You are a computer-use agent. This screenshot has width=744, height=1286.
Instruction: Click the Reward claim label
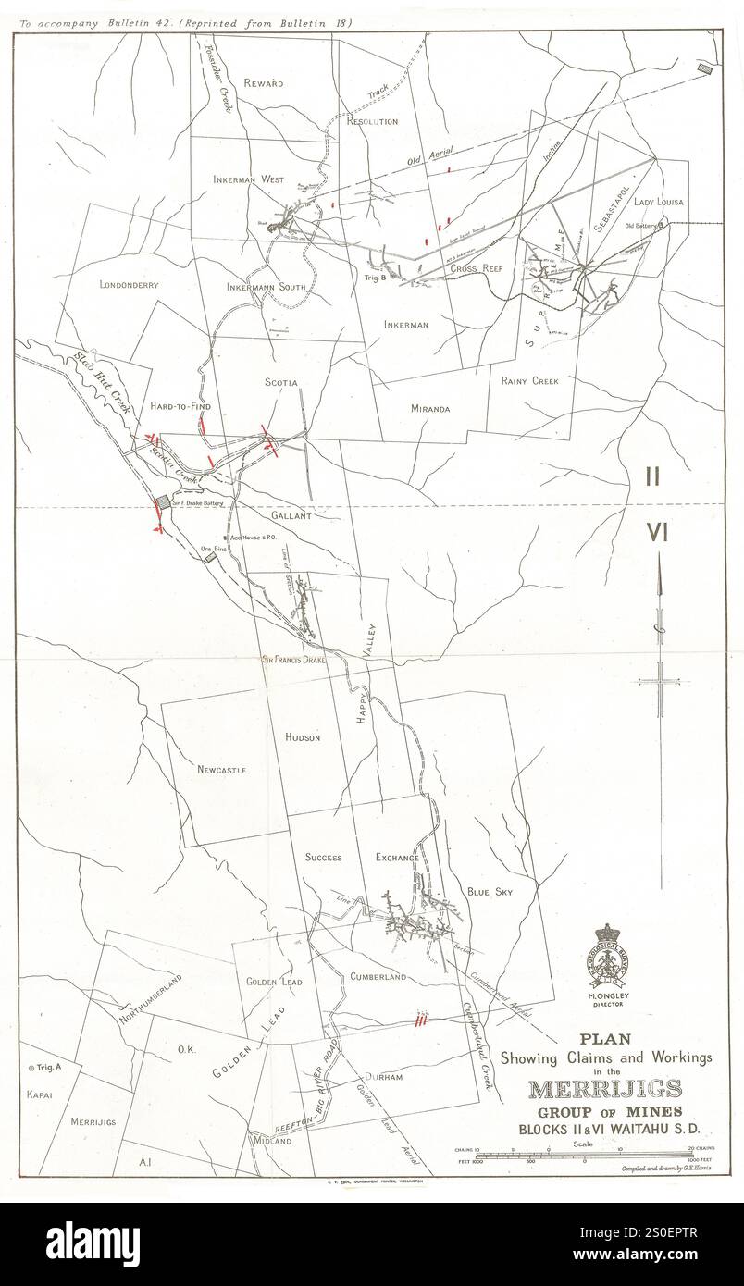pos(263,83)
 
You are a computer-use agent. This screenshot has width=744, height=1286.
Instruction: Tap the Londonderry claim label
pos(129,284)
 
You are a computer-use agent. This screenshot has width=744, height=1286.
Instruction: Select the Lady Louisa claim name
pos(658,201)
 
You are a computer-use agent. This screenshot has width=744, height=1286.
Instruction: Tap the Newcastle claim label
pos(221,769)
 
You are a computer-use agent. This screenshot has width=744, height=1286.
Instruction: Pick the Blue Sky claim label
pos(490,892)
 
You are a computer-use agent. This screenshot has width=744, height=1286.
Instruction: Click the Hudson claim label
pos(303,737)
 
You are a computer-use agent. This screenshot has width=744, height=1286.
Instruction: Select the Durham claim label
pos(383,1078)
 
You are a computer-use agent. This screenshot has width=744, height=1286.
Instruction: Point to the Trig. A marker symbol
pos(31,1068)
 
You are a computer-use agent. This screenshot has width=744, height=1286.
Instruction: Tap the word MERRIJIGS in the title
pos(605,1089)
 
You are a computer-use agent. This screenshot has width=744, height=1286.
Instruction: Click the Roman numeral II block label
pos(652,476)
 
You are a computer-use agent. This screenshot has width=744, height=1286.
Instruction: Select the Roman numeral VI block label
pos(657,533)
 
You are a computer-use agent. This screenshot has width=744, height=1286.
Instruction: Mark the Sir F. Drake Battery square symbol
pos(163,501)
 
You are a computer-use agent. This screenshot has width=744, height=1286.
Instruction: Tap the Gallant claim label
pos(291,516)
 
